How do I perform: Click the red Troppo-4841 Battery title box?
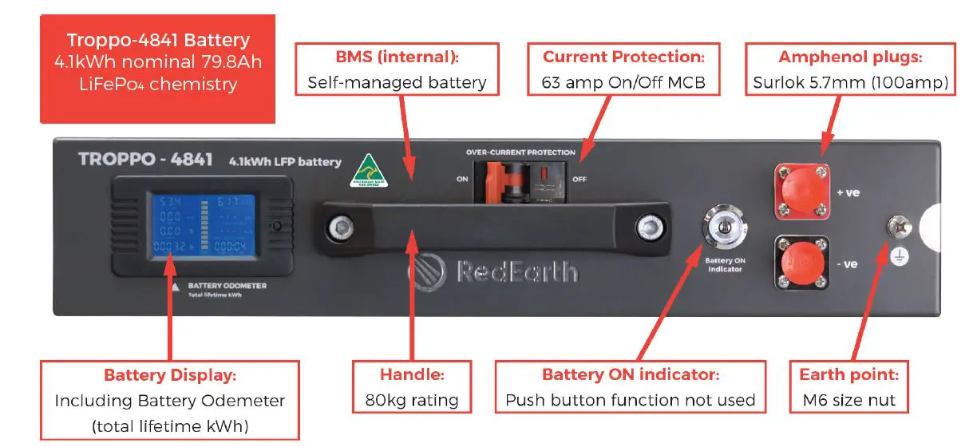coord(158,69)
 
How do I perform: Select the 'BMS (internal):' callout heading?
coord(397,57)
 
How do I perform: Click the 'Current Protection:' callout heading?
coord(623,57)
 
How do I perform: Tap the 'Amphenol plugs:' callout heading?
coord(849,57)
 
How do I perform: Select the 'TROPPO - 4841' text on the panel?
coord(145,159)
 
